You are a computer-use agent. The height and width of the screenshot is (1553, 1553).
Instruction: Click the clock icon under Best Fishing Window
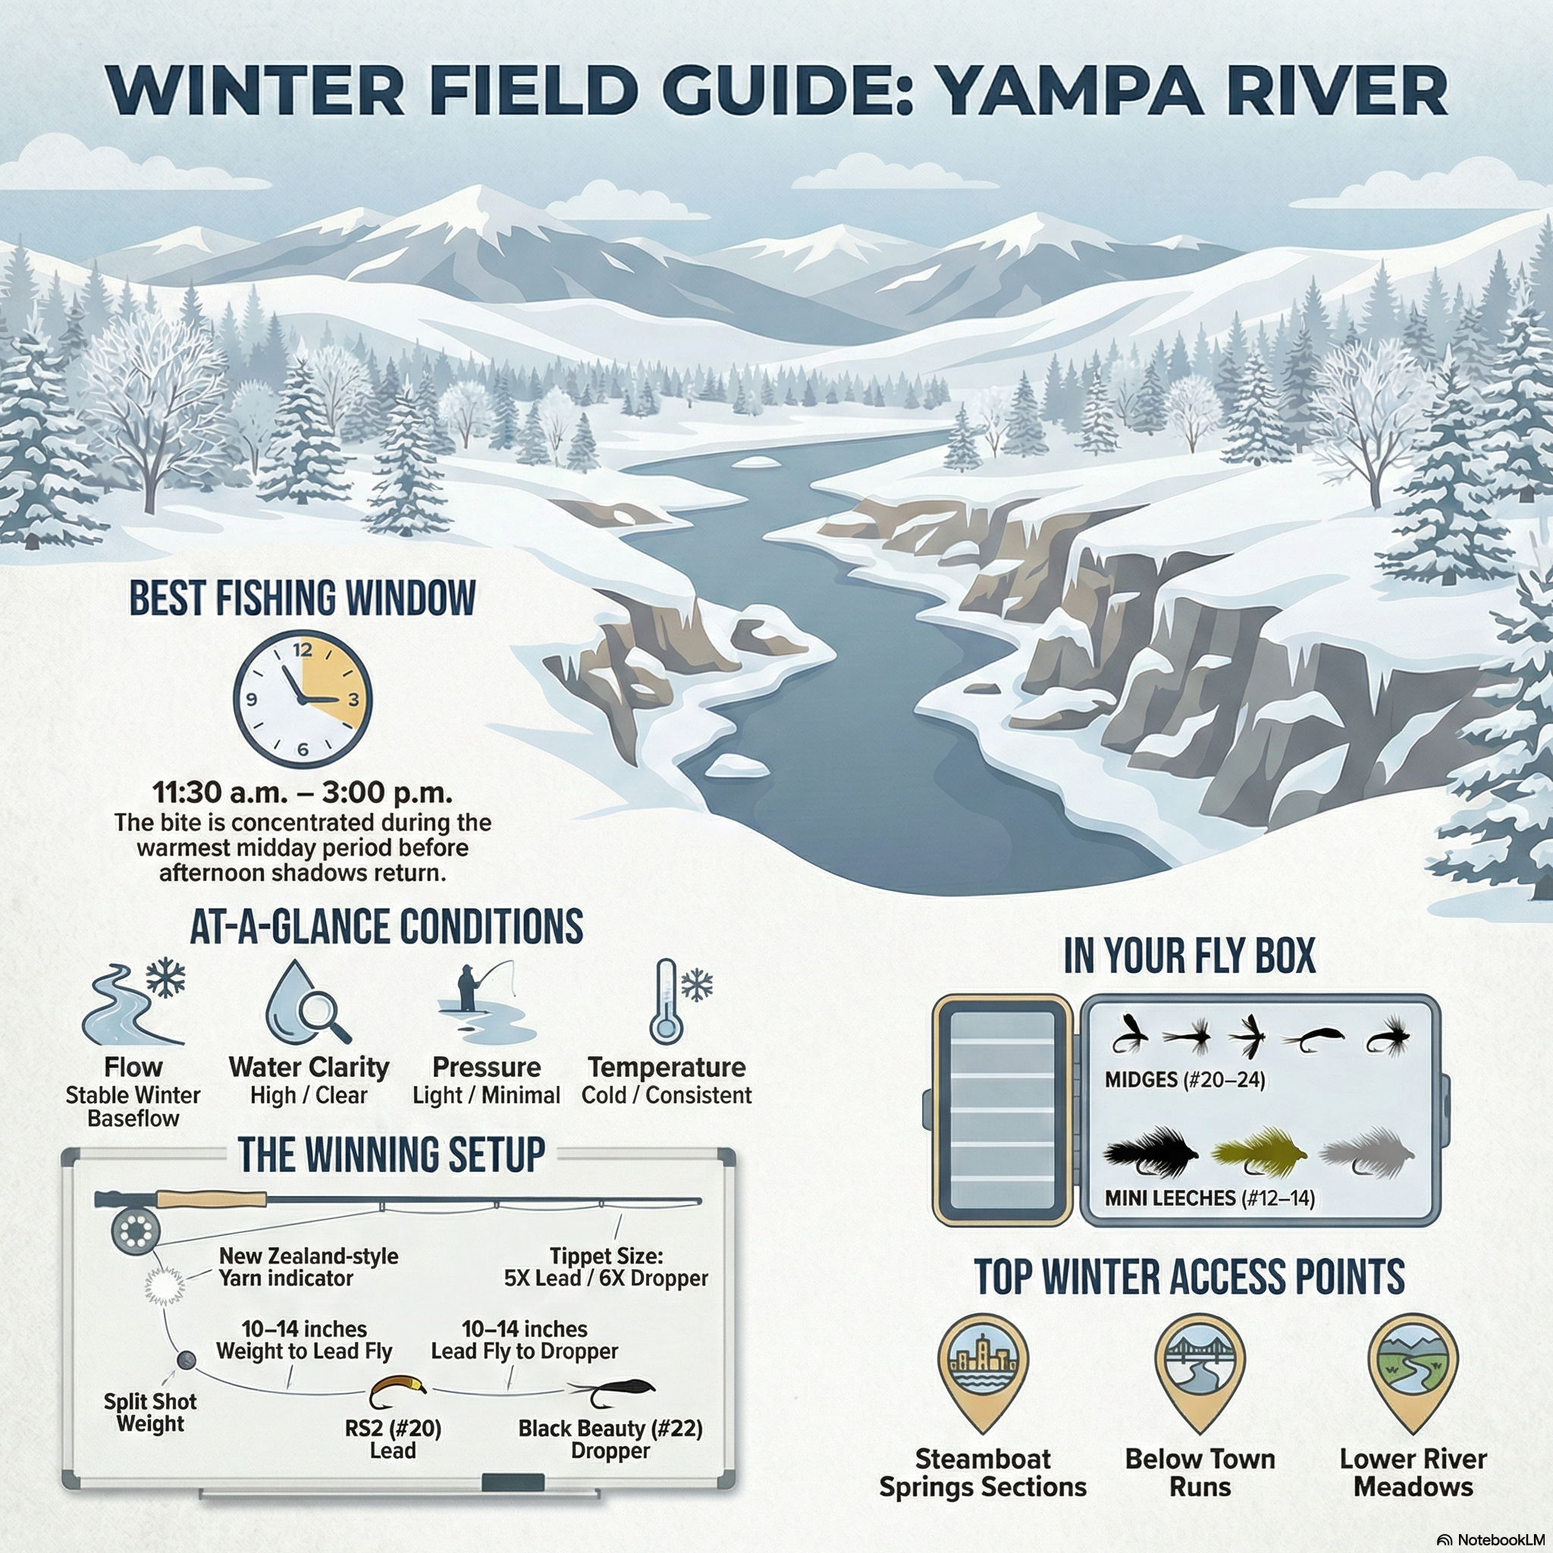pos(303,698)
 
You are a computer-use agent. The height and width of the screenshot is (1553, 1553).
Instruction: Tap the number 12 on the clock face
pos(303,650)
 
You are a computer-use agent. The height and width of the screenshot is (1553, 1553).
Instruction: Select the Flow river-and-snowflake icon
pos(133,1001)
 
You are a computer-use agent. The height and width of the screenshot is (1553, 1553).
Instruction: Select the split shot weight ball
pos(187,1360)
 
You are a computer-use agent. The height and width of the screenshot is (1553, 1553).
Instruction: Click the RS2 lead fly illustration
pos(397,1391)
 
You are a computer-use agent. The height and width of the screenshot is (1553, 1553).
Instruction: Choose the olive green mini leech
pos(1258,1153)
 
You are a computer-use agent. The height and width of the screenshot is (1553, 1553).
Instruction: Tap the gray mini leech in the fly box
pos(1366,1154)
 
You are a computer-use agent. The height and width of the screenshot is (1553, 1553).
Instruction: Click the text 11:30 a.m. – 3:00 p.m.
pos(303,792)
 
